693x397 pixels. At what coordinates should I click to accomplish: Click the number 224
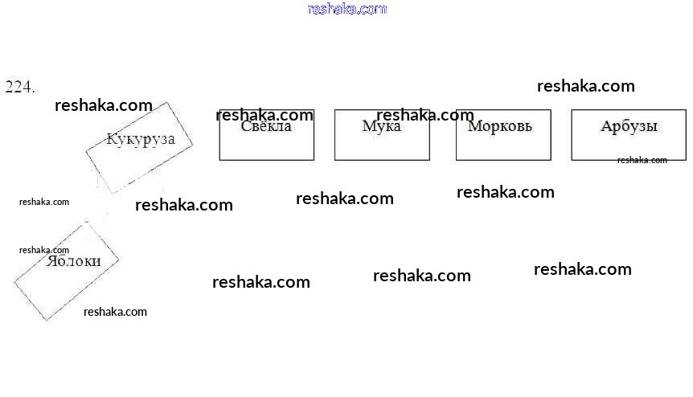pyautogui.click(x=20, y=87)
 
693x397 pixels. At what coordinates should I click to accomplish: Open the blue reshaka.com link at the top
pyautogui.click(x=346, y=9)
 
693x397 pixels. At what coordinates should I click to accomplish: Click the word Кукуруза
pyautogui.click(x=141, y=139)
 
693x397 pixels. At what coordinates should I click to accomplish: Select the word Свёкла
pyautogui.click(x=266, y=126)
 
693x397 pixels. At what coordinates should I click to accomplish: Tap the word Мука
pyautogui.click(x=381, y=126)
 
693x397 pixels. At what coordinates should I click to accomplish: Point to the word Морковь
pyautogui.click(x=500, y=126)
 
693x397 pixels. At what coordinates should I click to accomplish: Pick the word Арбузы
pyautogui.click(x=629, y=126)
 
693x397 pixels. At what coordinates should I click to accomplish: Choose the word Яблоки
pyautogui.click(x=74, y=261)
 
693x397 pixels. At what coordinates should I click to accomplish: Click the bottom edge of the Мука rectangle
pyautogui.click(x=382, y=160)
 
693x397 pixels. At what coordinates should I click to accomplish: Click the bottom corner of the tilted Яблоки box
pyautogui.click(x=47, y=320)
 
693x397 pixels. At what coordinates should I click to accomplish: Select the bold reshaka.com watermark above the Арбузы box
pyautogui.click(x=585, y=86)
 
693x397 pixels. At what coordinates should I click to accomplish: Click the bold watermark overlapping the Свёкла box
pyautogui.click(x=264, y=115)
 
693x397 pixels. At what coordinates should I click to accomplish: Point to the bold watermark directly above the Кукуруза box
pyautogui.click(x=103, y=105)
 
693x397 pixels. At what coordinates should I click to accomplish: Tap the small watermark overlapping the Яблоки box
pyautogui.click(x=44, y=250)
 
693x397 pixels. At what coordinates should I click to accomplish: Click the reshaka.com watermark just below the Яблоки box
pyautogui.click(x=115, y=312)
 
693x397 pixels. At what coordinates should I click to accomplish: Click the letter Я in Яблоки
pyautogui.click(x=52, y=261)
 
